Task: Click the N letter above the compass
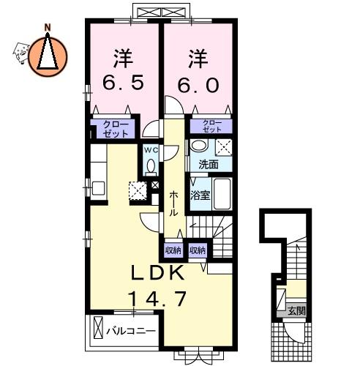tap(48, 28)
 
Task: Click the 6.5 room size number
tap(123, 83)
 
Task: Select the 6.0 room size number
tap(198, 85)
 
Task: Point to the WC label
tap(151, 150)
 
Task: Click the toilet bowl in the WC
tap(151, 166)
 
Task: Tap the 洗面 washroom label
tap(209, 165)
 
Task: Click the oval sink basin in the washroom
tap(200, 146)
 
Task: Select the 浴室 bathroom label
tap(200, 195)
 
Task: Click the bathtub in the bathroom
tap(222, 194)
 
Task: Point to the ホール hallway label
tap(173, 203)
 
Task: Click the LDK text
tap(157, 273)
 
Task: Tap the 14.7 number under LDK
tap(157, 299)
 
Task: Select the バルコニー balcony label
tap(131, 331)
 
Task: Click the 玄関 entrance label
tap(296, 311)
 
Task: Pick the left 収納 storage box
tap(173, 250)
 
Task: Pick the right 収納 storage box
tap(198, 250)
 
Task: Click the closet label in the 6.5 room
tap(116, 129)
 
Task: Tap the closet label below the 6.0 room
tap(212, 126)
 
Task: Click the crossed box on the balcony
tap(99, 327)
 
